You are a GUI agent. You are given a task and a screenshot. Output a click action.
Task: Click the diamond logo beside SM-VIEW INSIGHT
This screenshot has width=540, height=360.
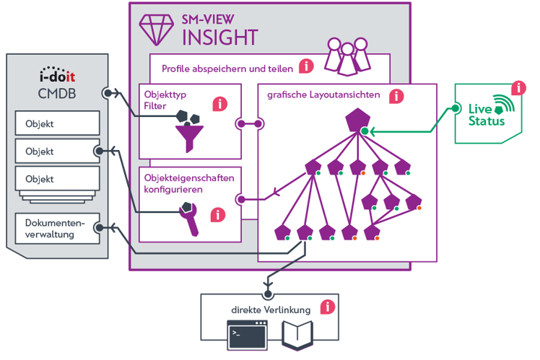[155, 27]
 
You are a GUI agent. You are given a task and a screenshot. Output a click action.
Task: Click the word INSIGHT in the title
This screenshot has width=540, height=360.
[221, 35]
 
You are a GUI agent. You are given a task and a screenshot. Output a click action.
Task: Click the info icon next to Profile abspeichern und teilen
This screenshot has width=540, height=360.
[306, 66]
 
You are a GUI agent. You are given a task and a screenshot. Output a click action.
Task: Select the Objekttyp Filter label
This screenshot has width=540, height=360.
[165, 99]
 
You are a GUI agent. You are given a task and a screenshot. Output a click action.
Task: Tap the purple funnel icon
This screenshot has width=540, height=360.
[190, 134]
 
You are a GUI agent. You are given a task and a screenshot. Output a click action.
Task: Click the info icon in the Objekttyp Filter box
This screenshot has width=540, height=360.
[219, 104]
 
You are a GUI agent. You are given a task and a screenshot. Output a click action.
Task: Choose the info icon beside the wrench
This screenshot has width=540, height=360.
[217, 214]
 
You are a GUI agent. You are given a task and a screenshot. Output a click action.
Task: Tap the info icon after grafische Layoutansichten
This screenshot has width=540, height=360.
[396, 95]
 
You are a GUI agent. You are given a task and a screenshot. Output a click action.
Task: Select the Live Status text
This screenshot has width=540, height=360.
[484, 115]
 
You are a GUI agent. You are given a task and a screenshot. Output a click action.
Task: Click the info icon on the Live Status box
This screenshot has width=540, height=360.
[518, 88]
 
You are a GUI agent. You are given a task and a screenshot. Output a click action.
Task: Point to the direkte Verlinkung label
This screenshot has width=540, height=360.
[271, 309]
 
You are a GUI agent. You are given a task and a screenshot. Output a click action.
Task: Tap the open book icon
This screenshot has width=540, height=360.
[296, 335]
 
